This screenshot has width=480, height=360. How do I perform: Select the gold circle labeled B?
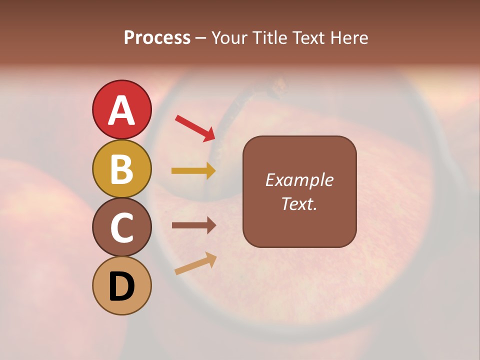click(x=121, y=168)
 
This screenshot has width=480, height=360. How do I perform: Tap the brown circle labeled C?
click(x=121, y=227)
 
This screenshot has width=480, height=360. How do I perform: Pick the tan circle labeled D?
click(x=121, y=285)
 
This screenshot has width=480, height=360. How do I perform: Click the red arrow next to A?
click(x=195, y=127)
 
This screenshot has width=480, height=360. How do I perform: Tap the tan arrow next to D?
click(x=195, y=263)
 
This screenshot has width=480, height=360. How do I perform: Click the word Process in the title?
click(x=157, y=38)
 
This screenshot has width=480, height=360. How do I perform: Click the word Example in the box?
click(x=299, y=180)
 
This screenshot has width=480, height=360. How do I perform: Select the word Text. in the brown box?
click(x=299, y=203)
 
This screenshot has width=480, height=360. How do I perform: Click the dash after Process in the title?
click(x=201, y=38)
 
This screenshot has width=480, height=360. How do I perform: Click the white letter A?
click(x=121, y=110)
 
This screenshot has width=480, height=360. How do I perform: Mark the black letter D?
click(x=121, y=287)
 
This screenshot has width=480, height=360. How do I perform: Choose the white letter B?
click(x=121, y=169)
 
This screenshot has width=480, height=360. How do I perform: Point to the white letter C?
click(x=121, y=228)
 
